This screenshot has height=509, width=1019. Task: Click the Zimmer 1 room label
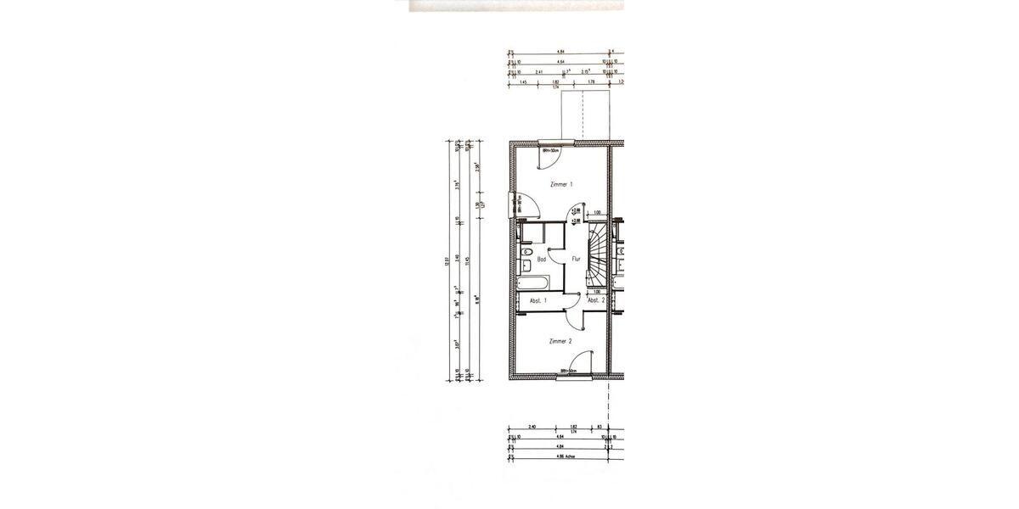point(560,184)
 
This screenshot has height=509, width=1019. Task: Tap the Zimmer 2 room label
point(560,341)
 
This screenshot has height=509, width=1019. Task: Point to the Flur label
point(575,260)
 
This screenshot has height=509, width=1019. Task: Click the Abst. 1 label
point(538,300)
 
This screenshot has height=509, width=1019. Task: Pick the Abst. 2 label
point(596,300)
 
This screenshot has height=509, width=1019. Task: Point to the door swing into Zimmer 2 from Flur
point(577,316)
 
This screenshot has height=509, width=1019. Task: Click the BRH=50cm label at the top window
point(549,151)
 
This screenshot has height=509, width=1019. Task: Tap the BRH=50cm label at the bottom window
point(567,371)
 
